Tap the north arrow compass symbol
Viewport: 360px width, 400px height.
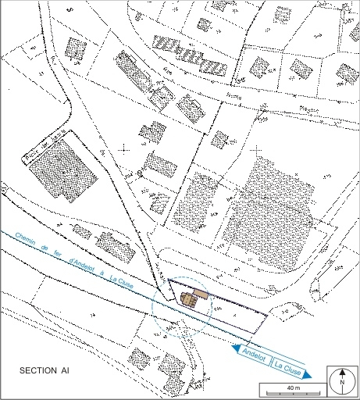click(x=341, y=380)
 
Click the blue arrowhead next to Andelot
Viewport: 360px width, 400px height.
click(x=235, y=348)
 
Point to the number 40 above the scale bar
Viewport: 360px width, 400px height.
click(x=290, y=387)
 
